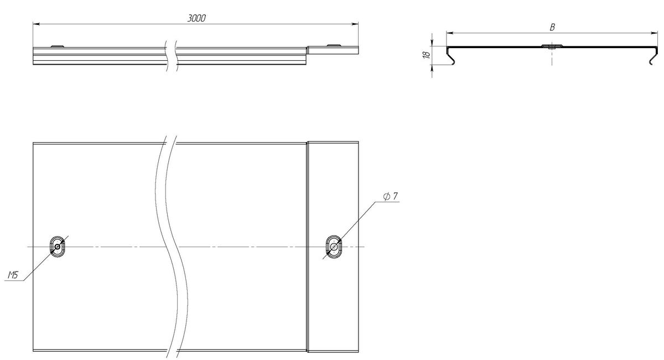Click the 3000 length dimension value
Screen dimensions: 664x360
196,18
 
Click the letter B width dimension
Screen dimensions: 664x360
552,27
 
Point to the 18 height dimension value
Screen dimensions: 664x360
427,55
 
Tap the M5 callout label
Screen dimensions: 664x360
13,275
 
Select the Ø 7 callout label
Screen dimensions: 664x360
391,196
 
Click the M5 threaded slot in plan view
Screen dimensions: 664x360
58,247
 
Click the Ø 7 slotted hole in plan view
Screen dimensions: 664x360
334,247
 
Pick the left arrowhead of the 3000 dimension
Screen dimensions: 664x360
36,24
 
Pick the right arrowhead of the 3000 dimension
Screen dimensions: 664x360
355,24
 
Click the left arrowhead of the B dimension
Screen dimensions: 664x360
450,33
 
